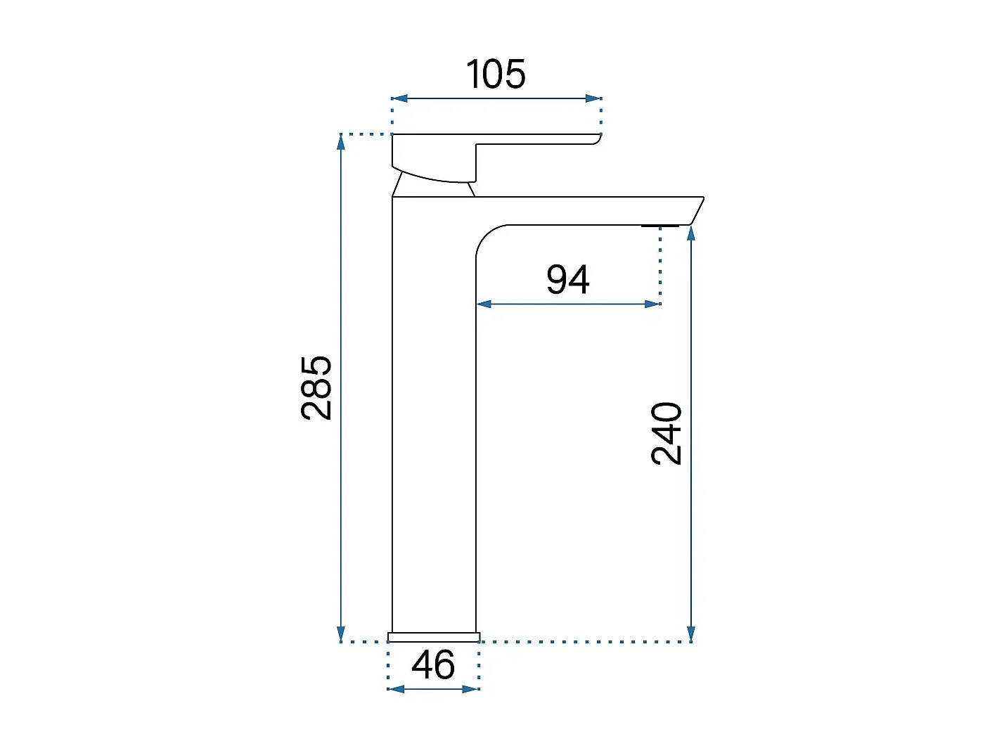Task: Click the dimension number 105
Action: (496, 74)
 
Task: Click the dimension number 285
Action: (316, 387)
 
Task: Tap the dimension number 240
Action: (667, 433)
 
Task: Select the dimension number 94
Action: (568, 279)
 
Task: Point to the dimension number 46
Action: (433, 664)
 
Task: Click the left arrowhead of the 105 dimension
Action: (399, 98)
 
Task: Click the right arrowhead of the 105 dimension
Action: (593, 98)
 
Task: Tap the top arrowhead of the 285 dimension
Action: (341, 142)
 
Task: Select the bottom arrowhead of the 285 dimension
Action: (341, 633)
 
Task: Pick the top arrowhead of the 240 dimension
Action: (691, 233)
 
